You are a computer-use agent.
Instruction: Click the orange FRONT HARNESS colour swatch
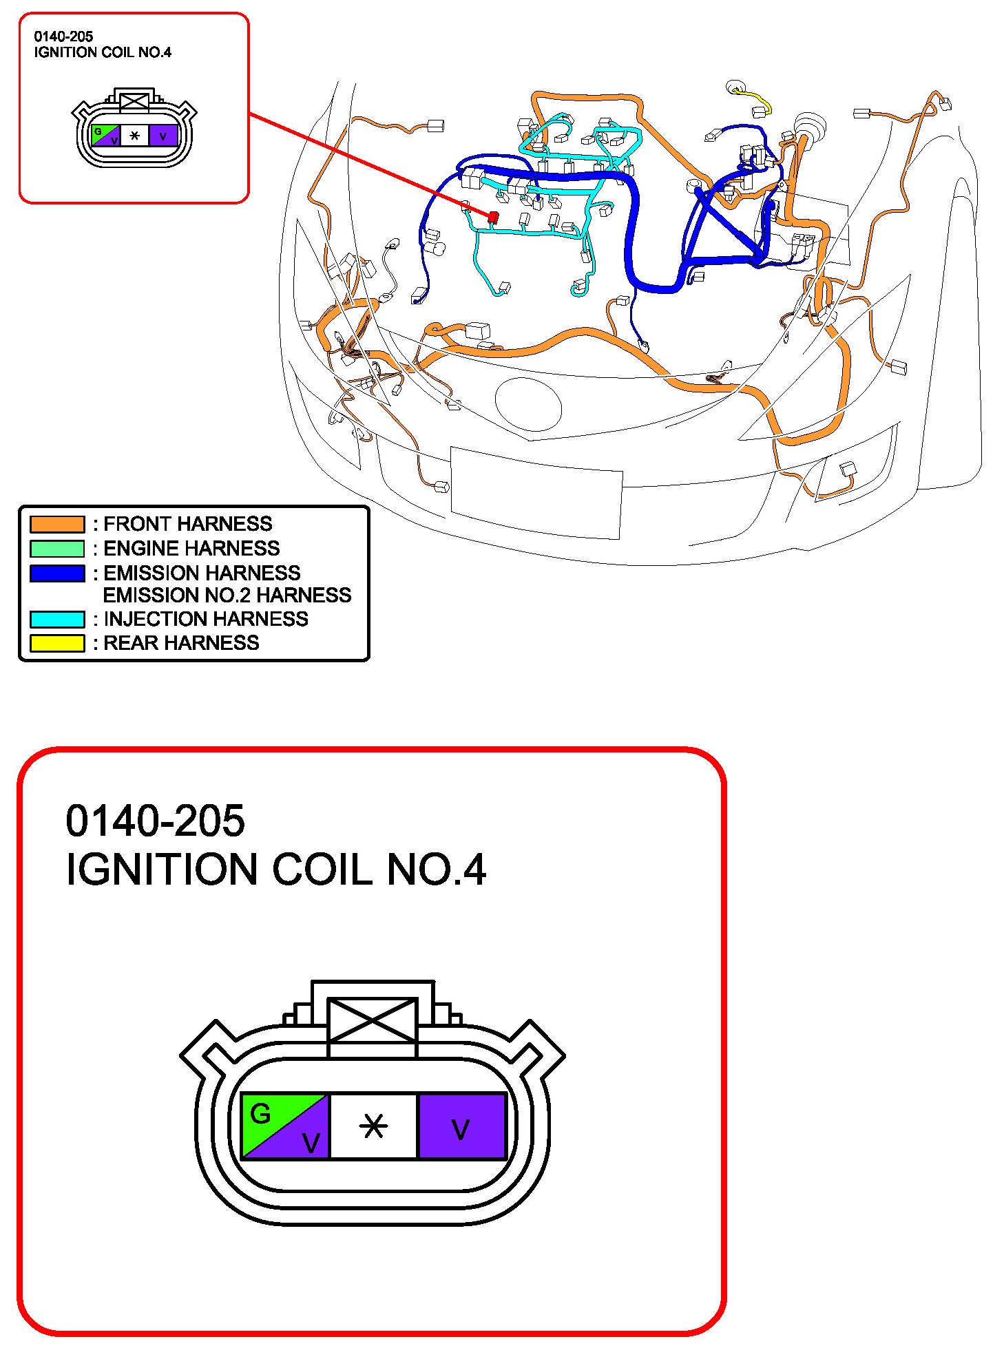(x=57, y=524)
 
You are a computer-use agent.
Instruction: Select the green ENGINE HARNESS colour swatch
(x=57, y=549)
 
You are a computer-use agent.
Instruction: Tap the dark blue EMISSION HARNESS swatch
(x=57, y=573)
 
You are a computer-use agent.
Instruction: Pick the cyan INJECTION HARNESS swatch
(x=57, y=619)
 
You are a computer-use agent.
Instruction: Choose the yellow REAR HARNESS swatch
(x=57, y=643)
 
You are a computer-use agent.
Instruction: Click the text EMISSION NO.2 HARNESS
(x=227, y=595)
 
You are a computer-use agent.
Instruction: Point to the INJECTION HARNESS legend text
(x=205, y=619)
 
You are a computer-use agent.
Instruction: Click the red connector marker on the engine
(x=493, y=216)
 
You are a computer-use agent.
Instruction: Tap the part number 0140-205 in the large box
(x=155, y=821)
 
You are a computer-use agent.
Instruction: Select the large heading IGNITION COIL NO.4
(x=275, y=870)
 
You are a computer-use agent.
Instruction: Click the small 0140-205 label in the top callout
(x=63, y=36)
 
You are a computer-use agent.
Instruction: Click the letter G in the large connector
(x=261, y=1113)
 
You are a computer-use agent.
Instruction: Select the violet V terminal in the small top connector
(x=163, y=136)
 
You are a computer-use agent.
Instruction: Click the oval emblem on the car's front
(x=528, y=403)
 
